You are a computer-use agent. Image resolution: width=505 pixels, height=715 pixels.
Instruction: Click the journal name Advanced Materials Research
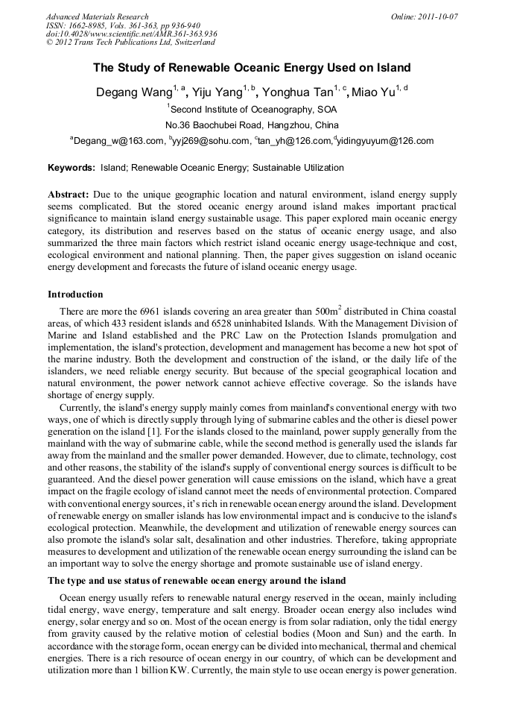coord(97,16)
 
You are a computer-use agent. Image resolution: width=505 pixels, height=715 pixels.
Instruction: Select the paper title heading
coord(252,68)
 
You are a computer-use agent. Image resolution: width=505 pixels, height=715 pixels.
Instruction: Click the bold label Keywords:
coord(72,168)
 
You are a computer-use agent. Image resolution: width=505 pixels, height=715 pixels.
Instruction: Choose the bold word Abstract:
coord(69,194)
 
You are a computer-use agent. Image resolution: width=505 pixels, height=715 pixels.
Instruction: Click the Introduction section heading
coord(75,294)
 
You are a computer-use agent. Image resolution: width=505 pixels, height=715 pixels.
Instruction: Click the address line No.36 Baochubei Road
coord(252,125)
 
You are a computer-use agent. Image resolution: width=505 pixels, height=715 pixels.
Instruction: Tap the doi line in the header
coord(131,34)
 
